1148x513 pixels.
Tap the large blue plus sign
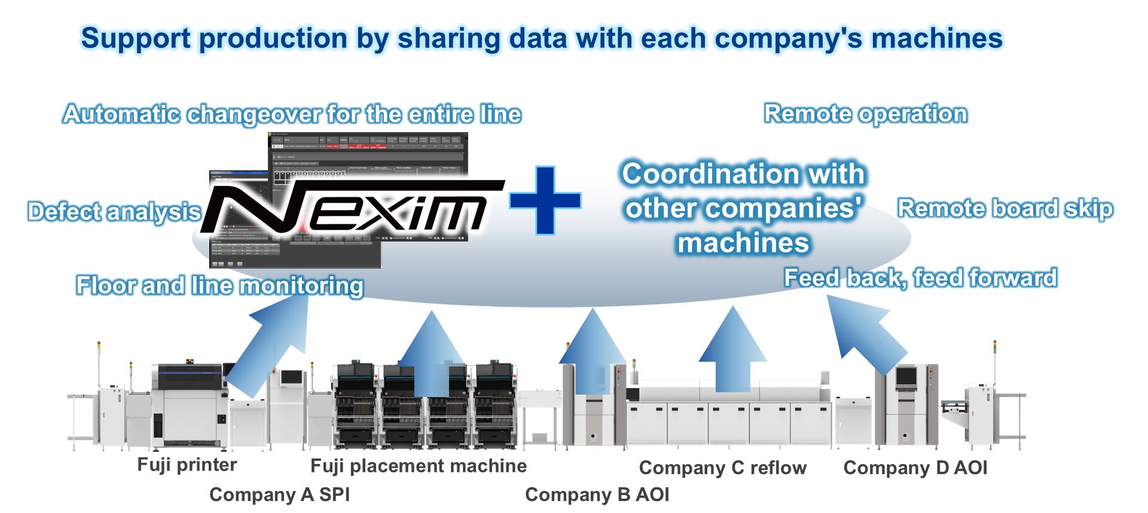[545, 200]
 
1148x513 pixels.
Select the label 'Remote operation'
[865, 114]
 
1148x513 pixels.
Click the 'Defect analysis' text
[114, 212]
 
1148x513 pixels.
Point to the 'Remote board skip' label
[1005, 208]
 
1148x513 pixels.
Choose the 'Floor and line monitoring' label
[219, 285]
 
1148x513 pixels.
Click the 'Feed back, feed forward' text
[920, 278]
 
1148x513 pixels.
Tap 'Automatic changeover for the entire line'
[292, 114]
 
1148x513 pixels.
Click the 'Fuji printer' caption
[187, 465]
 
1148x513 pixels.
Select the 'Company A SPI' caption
[279, 494]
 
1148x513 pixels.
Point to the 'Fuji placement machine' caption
[419, 466]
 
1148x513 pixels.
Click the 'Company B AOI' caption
[597, 494]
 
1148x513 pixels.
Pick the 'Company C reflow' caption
[722, 468]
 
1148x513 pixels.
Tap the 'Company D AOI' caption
[915, 468]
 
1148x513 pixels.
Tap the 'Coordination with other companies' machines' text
[743, 208]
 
